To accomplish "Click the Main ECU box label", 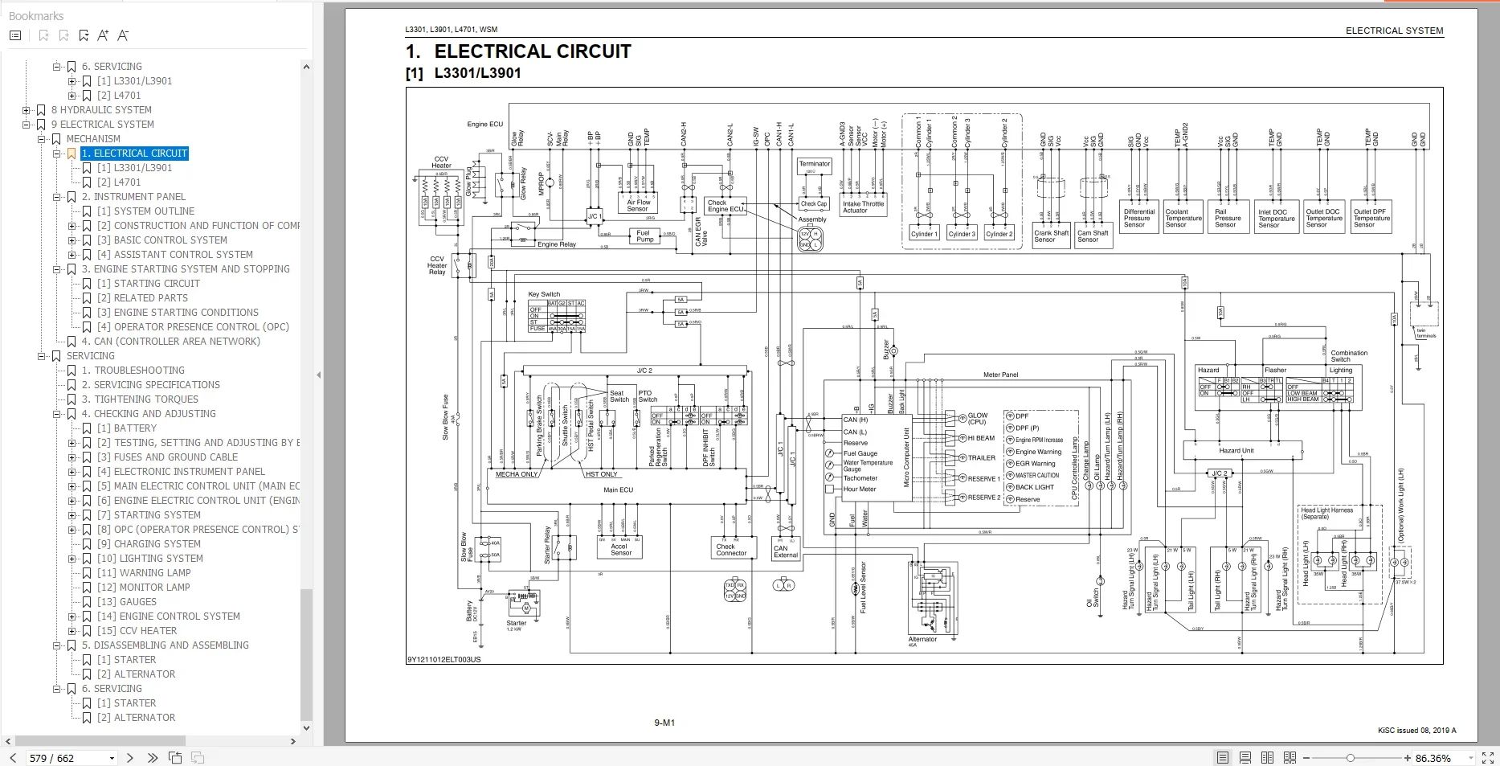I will (618, 490).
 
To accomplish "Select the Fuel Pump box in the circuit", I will (644, 236).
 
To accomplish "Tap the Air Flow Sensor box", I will (638, 205).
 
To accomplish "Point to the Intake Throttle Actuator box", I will (862, 207).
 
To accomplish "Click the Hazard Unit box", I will (1236, 451).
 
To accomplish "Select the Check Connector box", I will (731, 550).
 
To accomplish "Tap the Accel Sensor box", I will (620, 550).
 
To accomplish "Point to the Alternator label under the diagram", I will (922, 640).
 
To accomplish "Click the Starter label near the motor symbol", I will (516, 623).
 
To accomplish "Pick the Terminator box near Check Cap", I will (814, 164).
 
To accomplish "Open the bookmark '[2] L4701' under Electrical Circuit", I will (119, 182).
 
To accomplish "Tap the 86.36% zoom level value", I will (1433, 758).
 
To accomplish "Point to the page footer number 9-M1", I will (664, 723).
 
